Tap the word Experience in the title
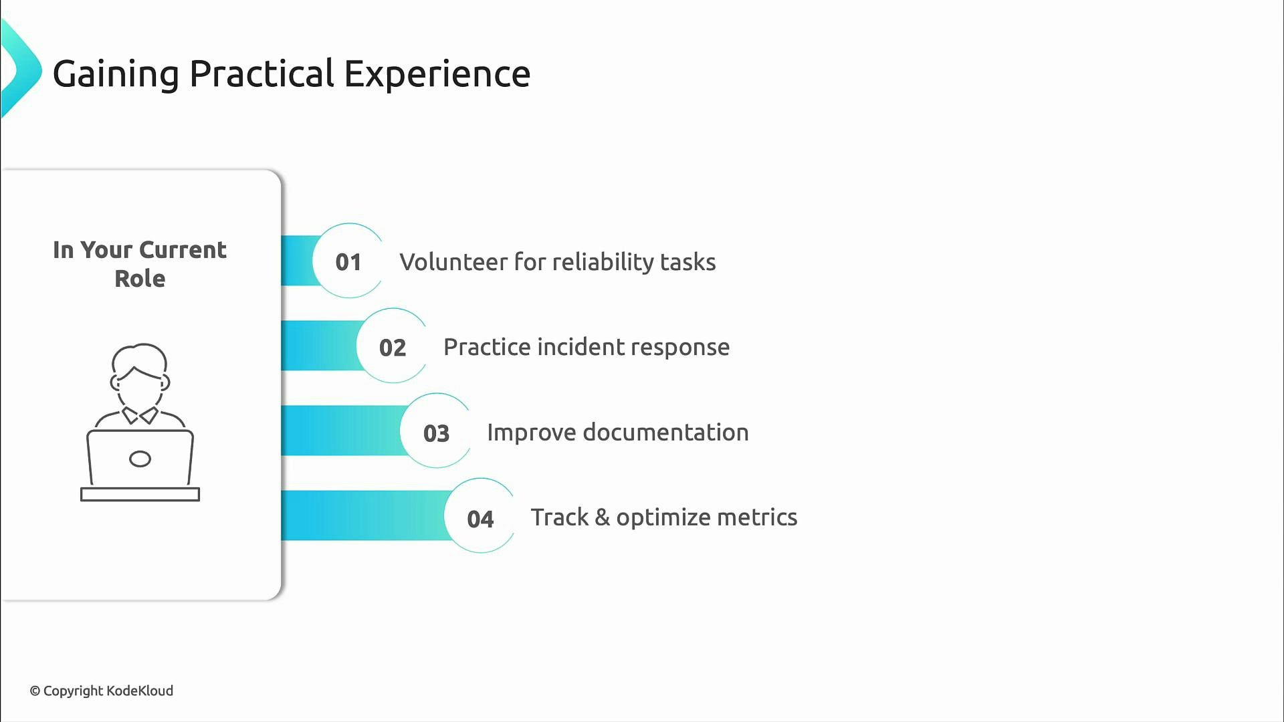437,74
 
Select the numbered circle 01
348,261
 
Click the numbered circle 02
393,347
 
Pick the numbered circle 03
436,433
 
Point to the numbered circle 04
480,518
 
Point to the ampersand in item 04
602,517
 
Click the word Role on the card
140,279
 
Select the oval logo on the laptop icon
140,459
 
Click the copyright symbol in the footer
35,691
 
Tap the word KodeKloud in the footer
140,691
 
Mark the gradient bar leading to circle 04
361,515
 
